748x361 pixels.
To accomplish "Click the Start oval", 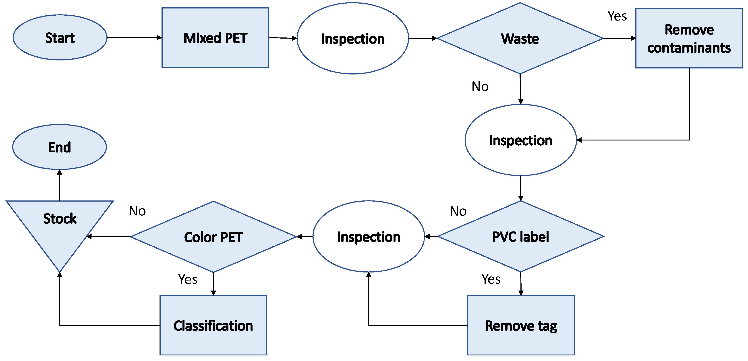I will tap(60, 38).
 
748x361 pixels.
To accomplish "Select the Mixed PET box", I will tap(215, 38).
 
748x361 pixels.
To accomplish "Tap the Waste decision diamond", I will tap(520, 39).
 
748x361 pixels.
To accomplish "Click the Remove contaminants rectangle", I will tap(689, 38).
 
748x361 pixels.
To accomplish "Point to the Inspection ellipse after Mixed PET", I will tap(352, 39).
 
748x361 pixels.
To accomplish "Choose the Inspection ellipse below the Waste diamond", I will tap(520, 140).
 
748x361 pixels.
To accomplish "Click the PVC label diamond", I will tap(520, 237).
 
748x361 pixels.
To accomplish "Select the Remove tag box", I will tap(521, 325).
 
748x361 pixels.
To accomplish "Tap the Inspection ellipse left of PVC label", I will tap(369, 237).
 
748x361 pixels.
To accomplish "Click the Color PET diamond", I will tap(213, 237).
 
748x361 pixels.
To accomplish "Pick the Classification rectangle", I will tap(213, 325).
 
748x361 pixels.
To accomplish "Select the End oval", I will tap(60, 147).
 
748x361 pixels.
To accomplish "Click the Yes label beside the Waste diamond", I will tap(617, 16).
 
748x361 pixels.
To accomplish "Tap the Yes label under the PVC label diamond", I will tap(491, 279).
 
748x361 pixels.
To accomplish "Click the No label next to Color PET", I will tap(137, 211).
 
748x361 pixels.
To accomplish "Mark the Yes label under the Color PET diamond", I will tap(188, 279).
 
